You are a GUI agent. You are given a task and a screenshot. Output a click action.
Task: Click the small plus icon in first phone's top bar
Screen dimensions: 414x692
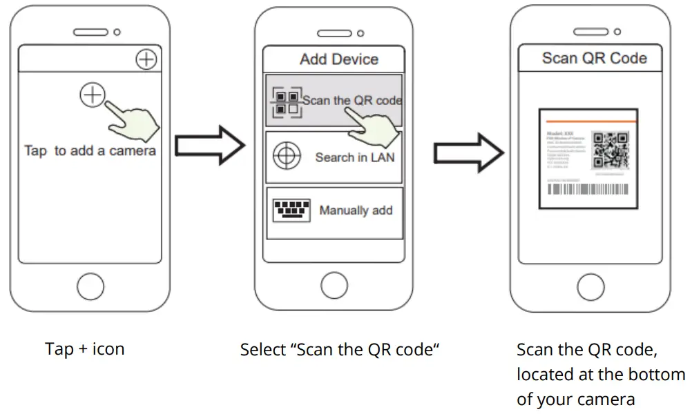(x=146, y=59)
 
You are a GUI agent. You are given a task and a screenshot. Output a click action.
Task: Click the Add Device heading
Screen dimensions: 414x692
(x=338, y=59)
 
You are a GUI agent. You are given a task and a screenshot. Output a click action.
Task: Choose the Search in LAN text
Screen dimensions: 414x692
(x=354, y=157)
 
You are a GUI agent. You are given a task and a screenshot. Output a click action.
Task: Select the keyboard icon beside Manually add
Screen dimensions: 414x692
(x=291, y=210)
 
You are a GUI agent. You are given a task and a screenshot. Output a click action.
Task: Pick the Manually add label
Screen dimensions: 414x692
(x=356, y=210)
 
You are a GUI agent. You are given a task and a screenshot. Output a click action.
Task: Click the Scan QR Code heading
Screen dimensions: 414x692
(x=594, y=58)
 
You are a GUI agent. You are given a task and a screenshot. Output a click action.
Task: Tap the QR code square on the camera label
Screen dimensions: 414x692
(x=611, y=149)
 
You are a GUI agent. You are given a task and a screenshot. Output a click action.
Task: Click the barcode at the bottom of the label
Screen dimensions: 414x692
(x=587, y=190)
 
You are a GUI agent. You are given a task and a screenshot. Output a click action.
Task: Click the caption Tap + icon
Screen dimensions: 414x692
(x=85, y=349)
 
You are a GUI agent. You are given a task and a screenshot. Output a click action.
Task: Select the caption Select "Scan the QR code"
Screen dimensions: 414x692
(x=340, y=350)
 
